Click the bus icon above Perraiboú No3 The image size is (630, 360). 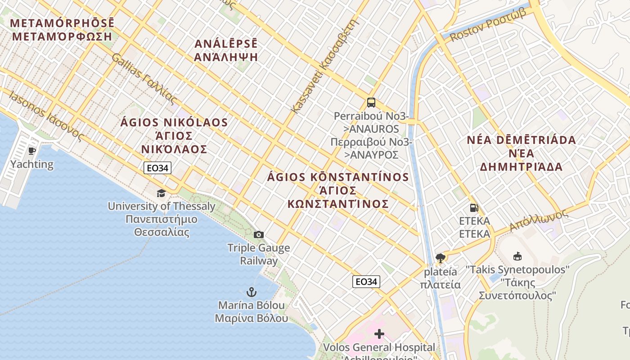tap(371, 103)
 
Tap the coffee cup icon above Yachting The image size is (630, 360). tap(31, 151)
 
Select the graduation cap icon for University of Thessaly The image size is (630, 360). tap(161, 193)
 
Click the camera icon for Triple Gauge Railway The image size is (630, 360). tap(258, 234)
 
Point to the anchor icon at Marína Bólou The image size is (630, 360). tap(251, 292)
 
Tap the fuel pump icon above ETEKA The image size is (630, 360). tap(473, 207)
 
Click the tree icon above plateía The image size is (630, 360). tap(440, 258)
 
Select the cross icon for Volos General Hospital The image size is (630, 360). tap(379, 334)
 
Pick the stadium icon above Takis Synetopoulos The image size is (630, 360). tap(517, 256)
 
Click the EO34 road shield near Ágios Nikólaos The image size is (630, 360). tap(157, 168)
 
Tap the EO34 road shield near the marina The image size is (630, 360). tap(366, 282)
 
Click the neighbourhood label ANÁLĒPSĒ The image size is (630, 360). tap(226, 44)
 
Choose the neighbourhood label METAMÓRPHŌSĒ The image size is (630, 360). tap(62, 23)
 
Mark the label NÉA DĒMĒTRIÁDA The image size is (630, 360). tap(521, 140)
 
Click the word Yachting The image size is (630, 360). tap(31, 164)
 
